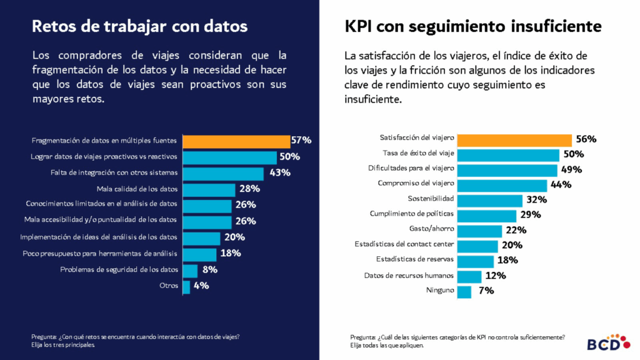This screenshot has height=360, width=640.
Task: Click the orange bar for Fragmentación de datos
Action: click(236, 141)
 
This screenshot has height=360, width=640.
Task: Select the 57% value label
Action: click(301, 140)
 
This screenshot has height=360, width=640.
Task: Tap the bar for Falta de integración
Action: click(223, 173)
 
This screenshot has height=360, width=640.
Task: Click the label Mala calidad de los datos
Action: click(137, 189)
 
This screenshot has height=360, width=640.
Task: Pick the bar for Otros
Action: click(186, 286)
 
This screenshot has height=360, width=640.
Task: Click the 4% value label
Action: click(201, 286)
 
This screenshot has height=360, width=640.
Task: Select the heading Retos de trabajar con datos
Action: click(139, 26)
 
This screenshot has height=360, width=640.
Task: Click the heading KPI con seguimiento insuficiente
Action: click(472, 26)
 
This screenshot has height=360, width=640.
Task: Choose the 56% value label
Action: click(586, 139)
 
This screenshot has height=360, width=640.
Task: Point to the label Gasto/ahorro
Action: click(431, 229)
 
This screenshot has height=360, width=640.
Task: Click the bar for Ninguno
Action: click(464, 291)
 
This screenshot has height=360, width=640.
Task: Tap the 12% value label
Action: click(496, 275)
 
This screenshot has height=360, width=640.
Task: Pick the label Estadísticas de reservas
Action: click(415, 259)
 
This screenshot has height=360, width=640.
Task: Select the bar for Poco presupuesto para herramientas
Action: click(199, 254)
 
